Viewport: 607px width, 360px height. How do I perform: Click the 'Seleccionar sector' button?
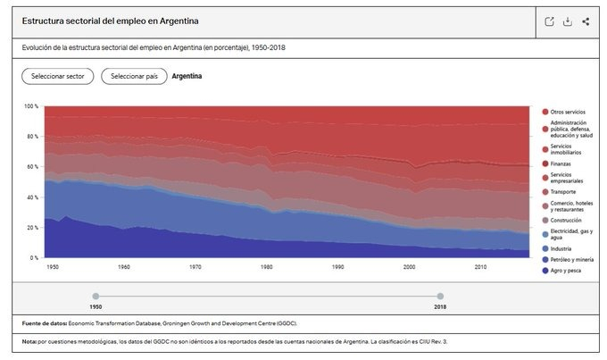point(58,76)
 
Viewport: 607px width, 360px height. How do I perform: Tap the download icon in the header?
point(568,21)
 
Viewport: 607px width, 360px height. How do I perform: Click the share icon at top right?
point(586,21)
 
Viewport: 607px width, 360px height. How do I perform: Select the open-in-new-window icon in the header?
point(549,21)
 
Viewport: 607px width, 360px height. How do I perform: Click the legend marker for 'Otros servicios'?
point(545,112)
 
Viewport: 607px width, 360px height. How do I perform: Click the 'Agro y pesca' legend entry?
point(561,271)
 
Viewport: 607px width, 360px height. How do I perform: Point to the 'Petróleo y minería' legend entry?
point(568,260)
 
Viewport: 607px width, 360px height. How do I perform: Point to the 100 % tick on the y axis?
point(31,106)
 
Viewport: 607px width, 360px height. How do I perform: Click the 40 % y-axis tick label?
point(32,197)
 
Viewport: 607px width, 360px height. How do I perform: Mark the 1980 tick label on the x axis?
point(266,267)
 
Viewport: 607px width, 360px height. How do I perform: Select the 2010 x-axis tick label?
point(480,267)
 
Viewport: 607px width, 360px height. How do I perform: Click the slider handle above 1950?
point(96,296)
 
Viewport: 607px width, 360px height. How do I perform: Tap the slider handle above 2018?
point(440,296)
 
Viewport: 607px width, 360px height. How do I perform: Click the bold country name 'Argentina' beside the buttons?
point(187,76)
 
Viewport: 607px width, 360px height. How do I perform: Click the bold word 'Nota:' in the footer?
point(29,342)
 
